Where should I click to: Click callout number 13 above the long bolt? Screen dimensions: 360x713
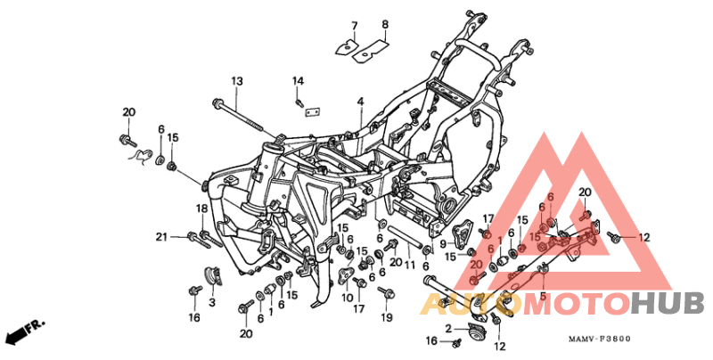237,81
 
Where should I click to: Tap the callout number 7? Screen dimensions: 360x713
353,24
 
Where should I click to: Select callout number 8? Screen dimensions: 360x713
385,24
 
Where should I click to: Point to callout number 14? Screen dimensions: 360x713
299,81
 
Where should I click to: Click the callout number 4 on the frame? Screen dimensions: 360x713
361,102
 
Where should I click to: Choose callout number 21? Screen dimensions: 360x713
161,236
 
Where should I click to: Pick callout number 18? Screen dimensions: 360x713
202,209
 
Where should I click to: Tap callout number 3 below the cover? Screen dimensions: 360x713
212,303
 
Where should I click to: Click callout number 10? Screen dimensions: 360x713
347,299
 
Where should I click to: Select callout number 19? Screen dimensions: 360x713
386,317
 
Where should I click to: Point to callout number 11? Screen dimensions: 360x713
410,265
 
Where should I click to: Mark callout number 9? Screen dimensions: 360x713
442,243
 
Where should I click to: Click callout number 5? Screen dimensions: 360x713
542,295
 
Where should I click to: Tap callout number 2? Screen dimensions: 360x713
449,329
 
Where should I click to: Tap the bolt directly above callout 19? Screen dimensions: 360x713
385,291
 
